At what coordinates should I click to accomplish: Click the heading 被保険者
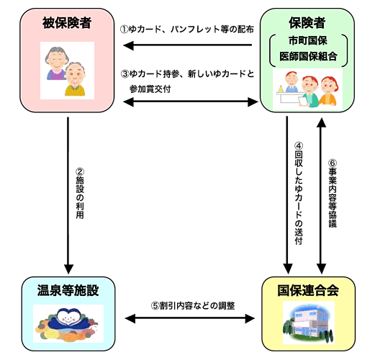[x=67, y=23]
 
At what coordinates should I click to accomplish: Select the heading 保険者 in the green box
[x=307, y=23]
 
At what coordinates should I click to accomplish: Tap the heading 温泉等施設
[x=68, y=290]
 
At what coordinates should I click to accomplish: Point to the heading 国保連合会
[x=308, y=290]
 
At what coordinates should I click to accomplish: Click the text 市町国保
[x=308, y=41]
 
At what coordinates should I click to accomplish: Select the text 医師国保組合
[x=308, y=57]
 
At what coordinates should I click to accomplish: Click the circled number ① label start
[x=125, y=30]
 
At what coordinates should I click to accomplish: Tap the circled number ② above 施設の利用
[x=80, y=172]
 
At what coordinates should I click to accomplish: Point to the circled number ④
[x=299, y=146]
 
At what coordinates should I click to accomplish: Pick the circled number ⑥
[x=333, y=163]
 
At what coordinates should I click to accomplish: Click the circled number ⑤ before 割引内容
[x=155, y=306]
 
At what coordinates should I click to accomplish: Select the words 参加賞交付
[x=150, y=89]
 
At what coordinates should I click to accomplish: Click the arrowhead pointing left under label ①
[x=128, y=45]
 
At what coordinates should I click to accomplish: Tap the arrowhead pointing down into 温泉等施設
[x=68, y=269]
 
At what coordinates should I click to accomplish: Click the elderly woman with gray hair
[x=57, y=63]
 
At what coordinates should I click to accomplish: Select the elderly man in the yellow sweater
[x=75, y=79]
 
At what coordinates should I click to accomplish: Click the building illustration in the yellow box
[x=309, y=323]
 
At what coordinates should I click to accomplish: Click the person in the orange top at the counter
[x=328, y=91]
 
